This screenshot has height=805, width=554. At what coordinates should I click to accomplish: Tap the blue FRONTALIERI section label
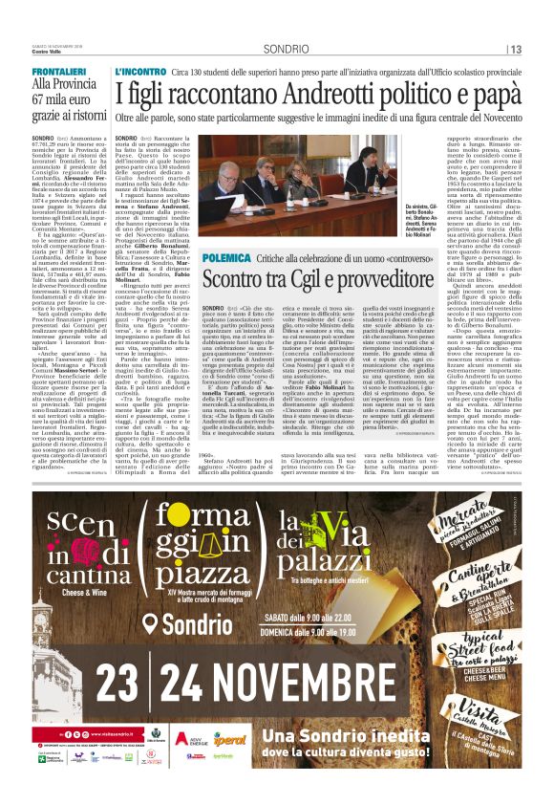coord(58,72)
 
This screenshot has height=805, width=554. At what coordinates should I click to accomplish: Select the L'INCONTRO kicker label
coord(140,72)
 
